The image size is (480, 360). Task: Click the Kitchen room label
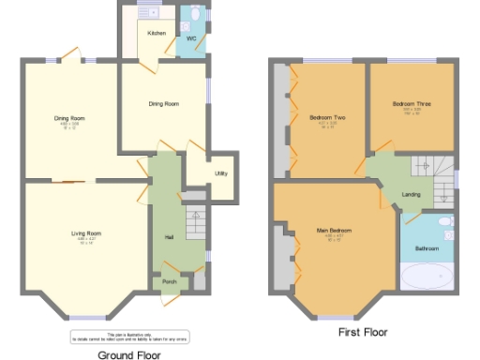[x=157, y=33]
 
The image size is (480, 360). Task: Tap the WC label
[x=190, y=38]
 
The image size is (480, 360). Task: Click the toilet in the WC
[x=195, y=15]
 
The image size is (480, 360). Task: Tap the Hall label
[x=169, y=236]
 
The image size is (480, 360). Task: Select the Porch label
[x=170, y=281]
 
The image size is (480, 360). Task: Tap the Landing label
[x=411, y=194]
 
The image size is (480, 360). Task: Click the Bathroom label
[x=427, y=248]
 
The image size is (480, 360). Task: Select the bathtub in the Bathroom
[x=427, y=278]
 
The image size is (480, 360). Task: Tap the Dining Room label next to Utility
[x=164, y=103]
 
